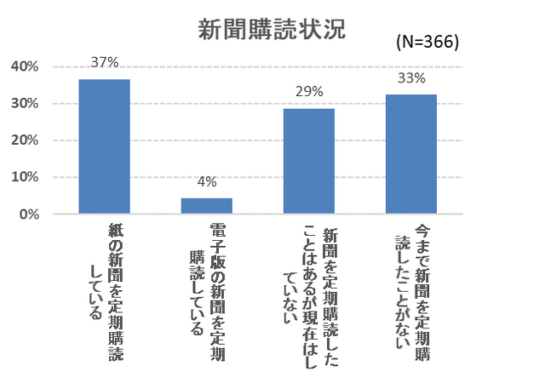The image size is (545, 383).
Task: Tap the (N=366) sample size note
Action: tap(427, 42)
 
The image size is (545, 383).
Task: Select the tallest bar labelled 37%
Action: tap(105, 146)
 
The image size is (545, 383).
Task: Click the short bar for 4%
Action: tap(207, 206)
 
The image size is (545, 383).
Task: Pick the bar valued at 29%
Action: tap(309, 161)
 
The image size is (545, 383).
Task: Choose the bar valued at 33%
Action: tap(411, 154)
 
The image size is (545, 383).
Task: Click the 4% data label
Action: tap(207, 181)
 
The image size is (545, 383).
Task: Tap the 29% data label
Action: tap(309, 91)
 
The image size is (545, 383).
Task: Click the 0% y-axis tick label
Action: tap(27, 214)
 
